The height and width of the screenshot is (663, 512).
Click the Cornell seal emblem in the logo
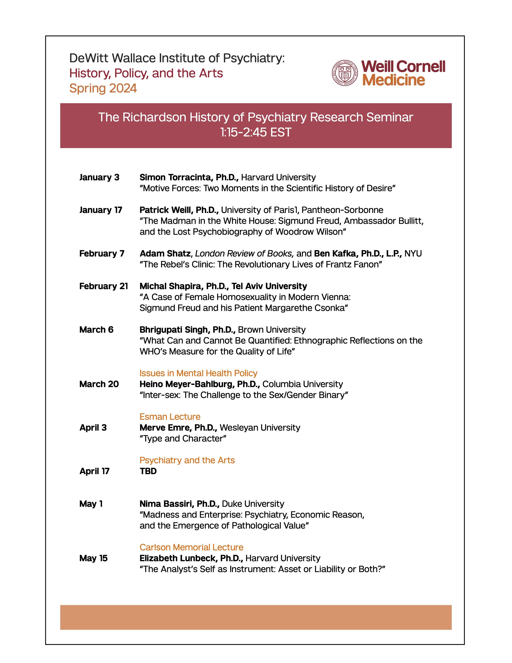point(345,73)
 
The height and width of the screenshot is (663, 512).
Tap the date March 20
point(99,384)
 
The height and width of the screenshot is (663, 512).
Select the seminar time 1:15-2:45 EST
point(256,132)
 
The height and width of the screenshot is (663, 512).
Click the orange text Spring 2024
point(103,88)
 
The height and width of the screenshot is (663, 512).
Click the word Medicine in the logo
point(393,80)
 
